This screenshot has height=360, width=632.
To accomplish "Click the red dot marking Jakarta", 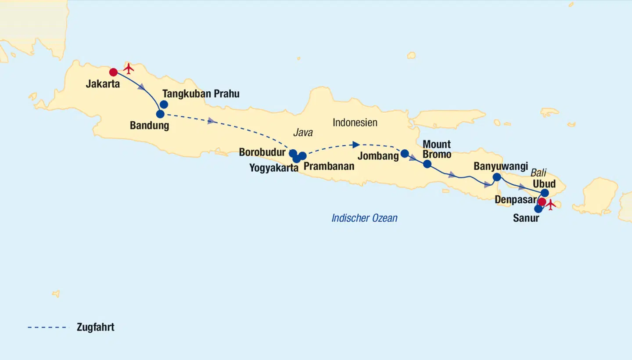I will coord(113,72).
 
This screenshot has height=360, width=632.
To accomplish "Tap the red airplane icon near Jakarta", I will coord(128,69).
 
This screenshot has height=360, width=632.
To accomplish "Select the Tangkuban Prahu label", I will coord(201,94).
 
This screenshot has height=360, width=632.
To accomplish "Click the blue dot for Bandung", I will coord(160,114).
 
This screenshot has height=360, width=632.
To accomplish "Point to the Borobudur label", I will coord(262,152).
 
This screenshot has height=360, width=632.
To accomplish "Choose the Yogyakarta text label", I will coord(274,168).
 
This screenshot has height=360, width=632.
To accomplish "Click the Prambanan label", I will coord(329,166).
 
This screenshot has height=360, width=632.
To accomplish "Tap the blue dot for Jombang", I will coord(405,153).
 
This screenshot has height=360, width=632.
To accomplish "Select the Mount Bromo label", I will coord(437,149).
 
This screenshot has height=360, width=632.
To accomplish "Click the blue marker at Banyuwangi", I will coord(496,177).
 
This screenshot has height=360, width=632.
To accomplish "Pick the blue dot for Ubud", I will coord(545,193).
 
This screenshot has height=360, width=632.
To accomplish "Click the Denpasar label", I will coord(515,200).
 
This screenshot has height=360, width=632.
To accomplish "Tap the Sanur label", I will coord(526,218).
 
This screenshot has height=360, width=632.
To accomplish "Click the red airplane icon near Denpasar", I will coord(550,204).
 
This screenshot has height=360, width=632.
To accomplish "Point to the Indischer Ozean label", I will coord(364,218).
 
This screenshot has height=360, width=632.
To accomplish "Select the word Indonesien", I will coord(355,122).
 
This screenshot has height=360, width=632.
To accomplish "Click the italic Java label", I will coord(303,133).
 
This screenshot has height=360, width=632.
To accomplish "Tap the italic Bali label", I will coord(539,172).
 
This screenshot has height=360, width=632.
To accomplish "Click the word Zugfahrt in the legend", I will coord(95,327).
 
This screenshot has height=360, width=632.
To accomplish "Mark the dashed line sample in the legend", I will coord(48,327).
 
